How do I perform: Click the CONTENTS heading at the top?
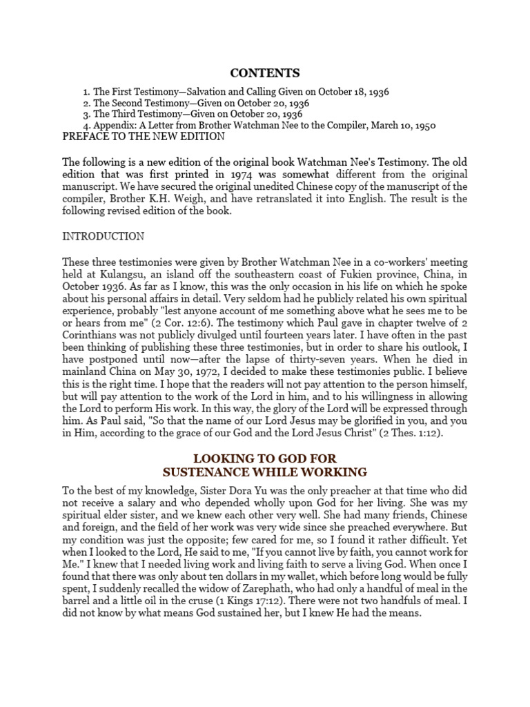(265, 72)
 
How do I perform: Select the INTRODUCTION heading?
(104, 236)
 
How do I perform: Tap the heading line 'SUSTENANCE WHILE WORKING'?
(264, 472)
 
